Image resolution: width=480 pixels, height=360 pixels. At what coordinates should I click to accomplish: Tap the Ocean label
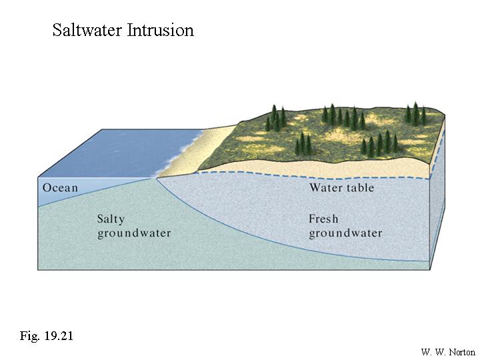tap(60, 187)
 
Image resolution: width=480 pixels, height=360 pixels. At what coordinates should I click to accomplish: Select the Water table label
tap(341, 187)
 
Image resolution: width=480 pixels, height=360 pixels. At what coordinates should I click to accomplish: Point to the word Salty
tap(111, 219)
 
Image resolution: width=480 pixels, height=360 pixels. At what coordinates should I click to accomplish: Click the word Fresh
tap(323, 219)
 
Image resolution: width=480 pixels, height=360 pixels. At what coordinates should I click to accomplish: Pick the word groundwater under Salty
tap(134, 233)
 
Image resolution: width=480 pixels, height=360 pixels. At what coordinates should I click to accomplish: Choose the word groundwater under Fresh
tap(345, 233)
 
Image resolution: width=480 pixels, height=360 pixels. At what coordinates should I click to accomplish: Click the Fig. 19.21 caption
tap(46, 336)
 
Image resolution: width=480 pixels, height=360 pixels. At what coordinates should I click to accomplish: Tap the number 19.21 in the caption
tap(58, 336)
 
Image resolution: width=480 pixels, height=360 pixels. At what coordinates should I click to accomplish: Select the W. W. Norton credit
tap(448, 352)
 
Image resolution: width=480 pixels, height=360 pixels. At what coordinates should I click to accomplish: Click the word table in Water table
tap(360, 187)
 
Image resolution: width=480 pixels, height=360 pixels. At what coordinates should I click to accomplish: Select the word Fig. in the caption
tap(29, 336)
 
